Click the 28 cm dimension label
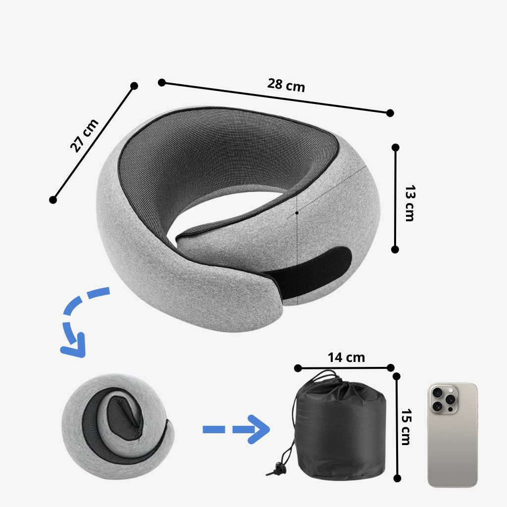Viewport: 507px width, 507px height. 286,85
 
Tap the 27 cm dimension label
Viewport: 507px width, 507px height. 84,135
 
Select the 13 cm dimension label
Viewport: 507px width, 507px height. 409,203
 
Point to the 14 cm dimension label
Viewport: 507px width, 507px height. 346,357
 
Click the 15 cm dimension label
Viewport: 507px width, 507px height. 406,427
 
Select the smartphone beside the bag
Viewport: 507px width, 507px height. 453,435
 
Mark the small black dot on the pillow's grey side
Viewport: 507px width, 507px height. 297,213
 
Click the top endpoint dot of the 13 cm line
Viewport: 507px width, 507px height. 395,148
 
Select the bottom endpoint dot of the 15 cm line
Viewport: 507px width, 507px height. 397,478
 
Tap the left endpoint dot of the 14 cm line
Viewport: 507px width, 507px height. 298,368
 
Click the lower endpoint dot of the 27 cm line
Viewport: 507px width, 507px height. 53,200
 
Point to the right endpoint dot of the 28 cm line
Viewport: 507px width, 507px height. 390,113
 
